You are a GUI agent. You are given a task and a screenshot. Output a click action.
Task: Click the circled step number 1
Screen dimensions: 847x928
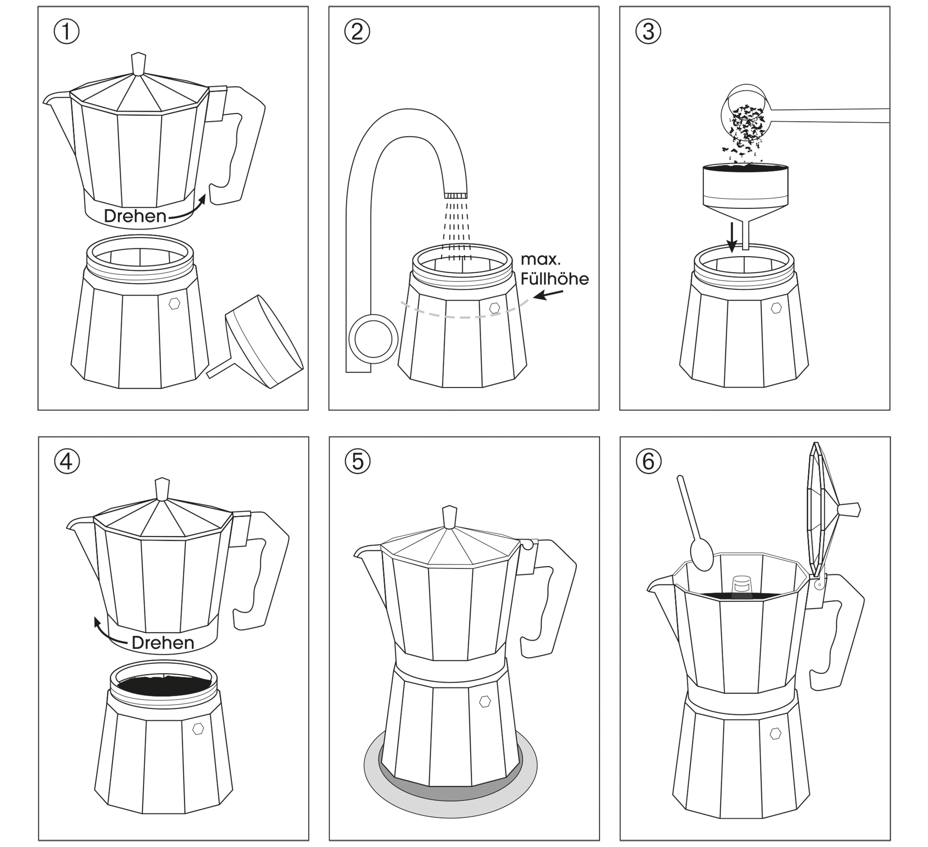pos(66,32)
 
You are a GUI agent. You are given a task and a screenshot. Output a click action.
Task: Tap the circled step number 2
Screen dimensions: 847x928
pos(357,32)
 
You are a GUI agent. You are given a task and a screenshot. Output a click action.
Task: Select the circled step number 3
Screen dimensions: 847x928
pos(648,32)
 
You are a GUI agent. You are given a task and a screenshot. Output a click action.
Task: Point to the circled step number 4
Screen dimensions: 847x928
pos(67,461)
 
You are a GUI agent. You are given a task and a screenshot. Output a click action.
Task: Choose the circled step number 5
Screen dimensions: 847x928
pos(358,461)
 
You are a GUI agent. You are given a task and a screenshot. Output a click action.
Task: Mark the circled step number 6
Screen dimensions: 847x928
pos(649,461)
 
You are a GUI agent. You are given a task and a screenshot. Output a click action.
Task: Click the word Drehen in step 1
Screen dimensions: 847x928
pos(135,216)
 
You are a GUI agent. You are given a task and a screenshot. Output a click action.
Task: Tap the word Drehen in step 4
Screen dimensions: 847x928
pos(163,642)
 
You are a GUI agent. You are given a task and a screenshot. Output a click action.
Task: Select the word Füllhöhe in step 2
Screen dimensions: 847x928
pos(555,279)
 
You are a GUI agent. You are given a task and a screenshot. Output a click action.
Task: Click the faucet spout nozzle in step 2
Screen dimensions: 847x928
pos(456,195)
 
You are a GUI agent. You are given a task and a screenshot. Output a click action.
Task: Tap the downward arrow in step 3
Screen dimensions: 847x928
pos(732,240)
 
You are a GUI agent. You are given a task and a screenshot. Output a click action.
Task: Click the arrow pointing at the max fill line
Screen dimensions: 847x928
pos(548,295)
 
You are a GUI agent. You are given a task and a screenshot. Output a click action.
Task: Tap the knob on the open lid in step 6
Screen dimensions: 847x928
pos(849,509)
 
